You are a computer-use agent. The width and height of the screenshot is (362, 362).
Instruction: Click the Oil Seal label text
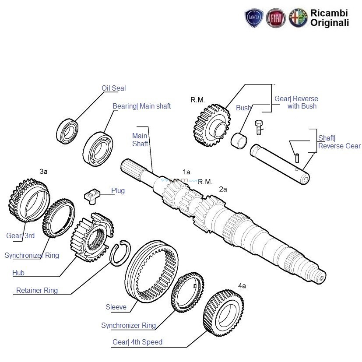[113, 88]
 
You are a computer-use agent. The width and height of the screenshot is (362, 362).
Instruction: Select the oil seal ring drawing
[68, 130]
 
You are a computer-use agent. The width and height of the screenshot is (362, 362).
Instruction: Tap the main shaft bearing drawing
[98, 148]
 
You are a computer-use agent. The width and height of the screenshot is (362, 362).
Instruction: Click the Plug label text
[118, 191]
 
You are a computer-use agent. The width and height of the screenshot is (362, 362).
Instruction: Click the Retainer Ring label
[36, 290]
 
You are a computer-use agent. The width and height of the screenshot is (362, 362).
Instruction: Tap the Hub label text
[18, 273]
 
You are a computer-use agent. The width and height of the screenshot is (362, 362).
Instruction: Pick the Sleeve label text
[116, 307]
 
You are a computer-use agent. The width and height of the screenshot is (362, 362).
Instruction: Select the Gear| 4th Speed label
[137, 342]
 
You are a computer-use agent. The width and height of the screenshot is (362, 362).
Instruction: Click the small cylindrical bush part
[239, 141]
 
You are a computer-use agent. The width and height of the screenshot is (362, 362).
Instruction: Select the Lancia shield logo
[254, 18]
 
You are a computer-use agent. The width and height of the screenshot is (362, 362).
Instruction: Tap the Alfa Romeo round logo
[298, 18]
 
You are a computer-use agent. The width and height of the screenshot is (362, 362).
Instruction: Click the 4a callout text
[242, 286]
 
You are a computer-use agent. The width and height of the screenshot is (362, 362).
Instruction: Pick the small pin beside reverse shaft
[298, 156]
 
